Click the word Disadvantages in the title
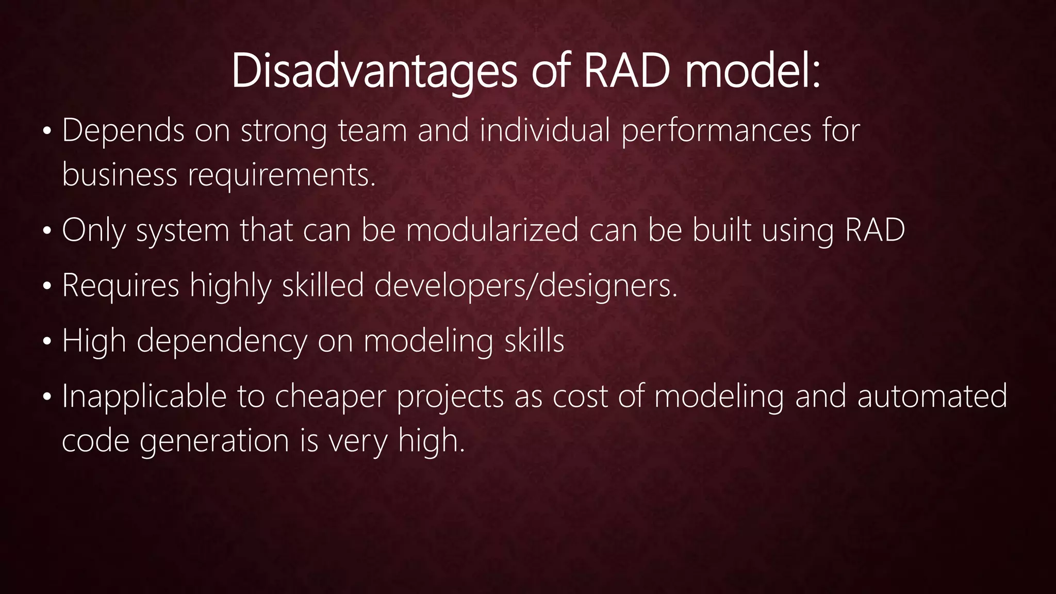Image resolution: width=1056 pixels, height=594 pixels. pyautogui.click(x=374, y=72)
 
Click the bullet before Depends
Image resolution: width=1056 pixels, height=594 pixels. pyautogui.click(x=47, y=132)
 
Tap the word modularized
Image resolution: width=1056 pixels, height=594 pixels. pyautogui.click(x=492, y=230)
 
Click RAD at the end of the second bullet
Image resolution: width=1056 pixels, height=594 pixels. pyautogui.click(x=875, y=230)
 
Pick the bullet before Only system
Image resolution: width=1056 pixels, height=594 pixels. pyautogui.click(x=47, y=232)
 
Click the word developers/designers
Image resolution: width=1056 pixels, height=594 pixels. pyautogui.click(x=525, y=286)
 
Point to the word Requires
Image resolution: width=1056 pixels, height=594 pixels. pyautogui.click(x=120, y=286)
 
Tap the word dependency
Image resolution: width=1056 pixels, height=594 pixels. pyautogui.click(x=221, y=342)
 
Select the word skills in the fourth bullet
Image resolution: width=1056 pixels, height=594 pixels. pyautogui.click(x=534, y=341)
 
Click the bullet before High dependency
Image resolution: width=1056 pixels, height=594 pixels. pyautogui.click(x=47, y=342)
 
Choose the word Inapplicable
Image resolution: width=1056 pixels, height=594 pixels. pyautogui.click(x=144, y=397)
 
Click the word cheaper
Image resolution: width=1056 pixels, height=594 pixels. pyautogui.click(x=330, y=397)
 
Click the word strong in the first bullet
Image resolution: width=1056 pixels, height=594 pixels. pyautogui.click(x=284, y=131)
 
